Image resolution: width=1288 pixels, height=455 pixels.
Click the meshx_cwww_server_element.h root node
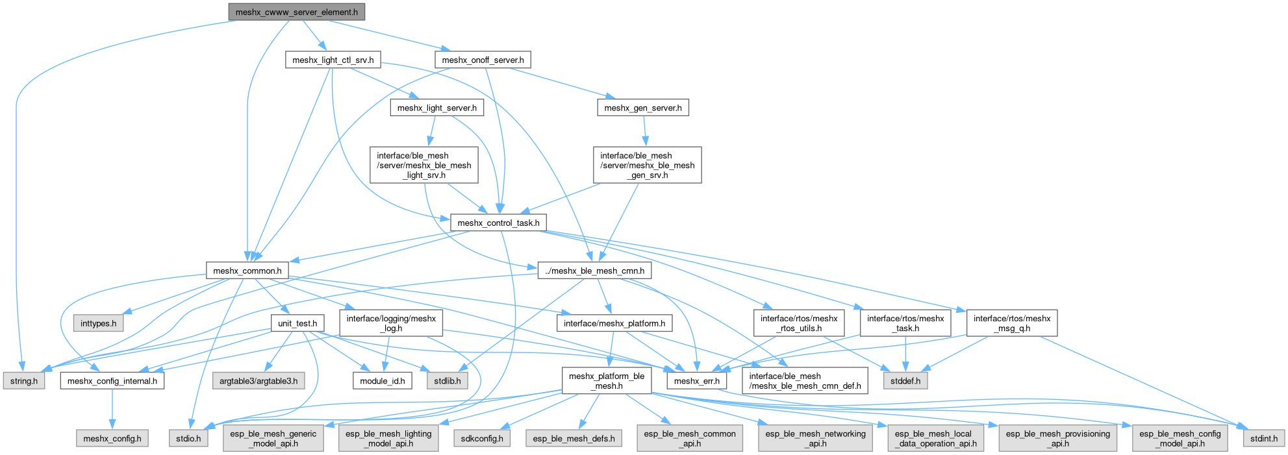point(296,12)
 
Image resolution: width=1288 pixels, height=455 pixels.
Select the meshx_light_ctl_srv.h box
point(333,60)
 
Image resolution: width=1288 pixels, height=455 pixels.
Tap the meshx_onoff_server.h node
point(483,60)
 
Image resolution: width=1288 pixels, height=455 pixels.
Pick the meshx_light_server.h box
point(436,108)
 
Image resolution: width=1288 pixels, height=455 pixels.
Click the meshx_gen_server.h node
point(642,108)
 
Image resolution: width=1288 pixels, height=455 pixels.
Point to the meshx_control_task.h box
point(498,223)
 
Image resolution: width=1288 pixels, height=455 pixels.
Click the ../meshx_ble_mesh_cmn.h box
point(594,271)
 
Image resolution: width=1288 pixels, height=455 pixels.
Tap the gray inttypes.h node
point(99,323)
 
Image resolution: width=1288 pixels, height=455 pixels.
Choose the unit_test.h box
point(297,323)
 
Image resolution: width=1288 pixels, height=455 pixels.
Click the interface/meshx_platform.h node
point(614,323)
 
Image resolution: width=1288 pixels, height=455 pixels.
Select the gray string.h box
point(24,381)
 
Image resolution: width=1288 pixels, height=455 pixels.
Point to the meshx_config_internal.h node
point(112,381)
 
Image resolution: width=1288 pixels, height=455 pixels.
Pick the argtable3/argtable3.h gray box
point(259,381)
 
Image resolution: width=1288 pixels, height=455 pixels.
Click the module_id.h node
point(382,381)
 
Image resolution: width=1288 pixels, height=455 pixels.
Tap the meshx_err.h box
point(697,381)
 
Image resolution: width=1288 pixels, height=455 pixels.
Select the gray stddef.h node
point(905,381)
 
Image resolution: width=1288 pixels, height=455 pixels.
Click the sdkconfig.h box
point(481,439)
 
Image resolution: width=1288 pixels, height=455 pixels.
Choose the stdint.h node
point(1264,439)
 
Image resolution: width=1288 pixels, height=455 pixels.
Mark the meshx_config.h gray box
point(112,439)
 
